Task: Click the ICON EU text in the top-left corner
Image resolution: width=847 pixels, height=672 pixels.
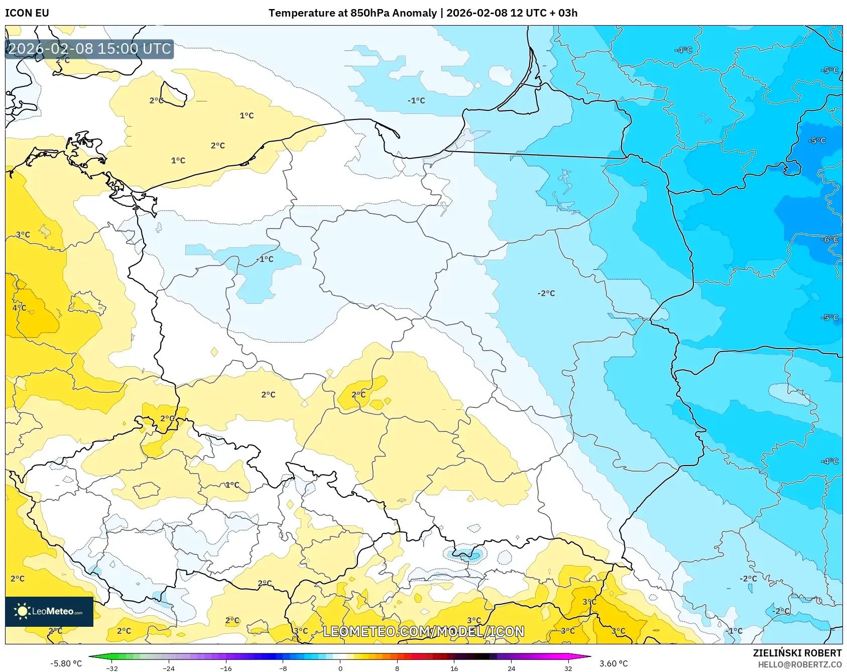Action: coord(27,13)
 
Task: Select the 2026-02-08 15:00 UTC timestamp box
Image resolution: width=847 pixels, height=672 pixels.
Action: coord(89,49)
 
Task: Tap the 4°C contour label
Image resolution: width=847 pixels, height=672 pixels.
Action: coord(19,307)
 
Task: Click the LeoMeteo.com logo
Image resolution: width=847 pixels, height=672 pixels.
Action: coord(49,611)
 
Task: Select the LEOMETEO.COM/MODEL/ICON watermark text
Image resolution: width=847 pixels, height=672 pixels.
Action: coord(423,631)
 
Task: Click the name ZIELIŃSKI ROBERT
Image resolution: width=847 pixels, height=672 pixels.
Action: coord(797,653)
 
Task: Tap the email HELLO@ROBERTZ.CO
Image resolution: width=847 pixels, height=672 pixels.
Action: coord(799,664)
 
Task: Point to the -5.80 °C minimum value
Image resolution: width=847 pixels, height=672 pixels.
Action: coord(66,663)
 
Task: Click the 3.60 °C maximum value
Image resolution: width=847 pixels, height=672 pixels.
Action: coord(614,663)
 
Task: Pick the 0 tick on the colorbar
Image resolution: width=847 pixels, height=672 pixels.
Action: coord(340,668)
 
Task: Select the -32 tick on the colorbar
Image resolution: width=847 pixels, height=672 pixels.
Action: coord(112,668)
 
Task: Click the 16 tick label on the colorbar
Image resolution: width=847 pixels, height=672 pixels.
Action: coord(454,668)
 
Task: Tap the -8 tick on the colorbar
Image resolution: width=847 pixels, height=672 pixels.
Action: coord(283,668)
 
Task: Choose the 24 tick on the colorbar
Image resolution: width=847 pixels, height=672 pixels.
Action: coord(511,668)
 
